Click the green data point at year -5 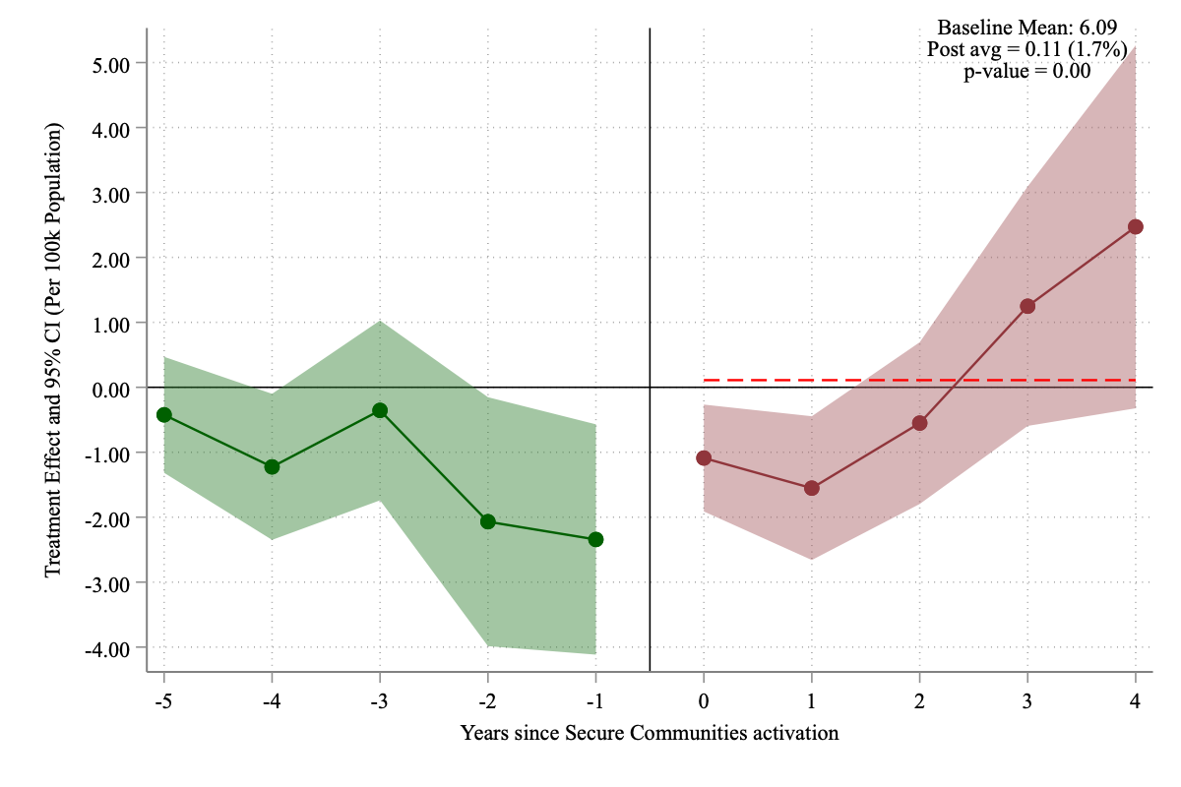coord(163,414)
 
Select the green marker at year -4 coord(272,466)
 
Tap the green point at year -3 coord(380,410)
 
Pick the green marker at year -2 coord(488,521)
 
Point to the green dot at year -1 coord(595,539)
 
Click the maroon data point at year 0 coord(704,457)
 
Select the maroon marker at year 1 coord(812,488)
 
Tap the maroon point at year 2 coord(920,423)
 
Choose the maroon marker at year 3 coord(1027,306)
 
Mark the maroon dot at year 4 coord(1136,226)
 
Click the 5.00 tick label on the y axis coord(112,63)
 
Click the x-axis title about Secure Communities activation coord(650,733)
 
